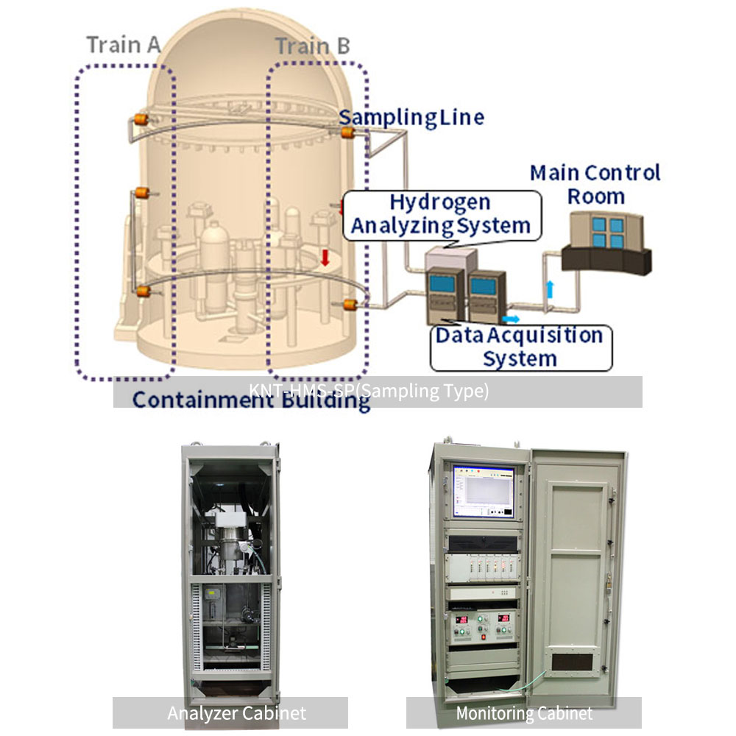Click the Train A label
[123, 45]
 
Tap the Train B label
[312, 46]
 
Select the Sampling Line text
[411, 117]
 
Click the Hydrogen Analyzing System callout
[441, 214]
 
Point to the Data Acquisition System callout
[520, 347]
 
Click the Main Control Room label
[595, 184]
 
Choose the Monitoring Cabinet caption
[523, 712]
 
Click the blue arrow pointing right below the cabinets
[511, 319]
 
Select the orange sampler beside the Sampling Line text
[347, 132]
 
